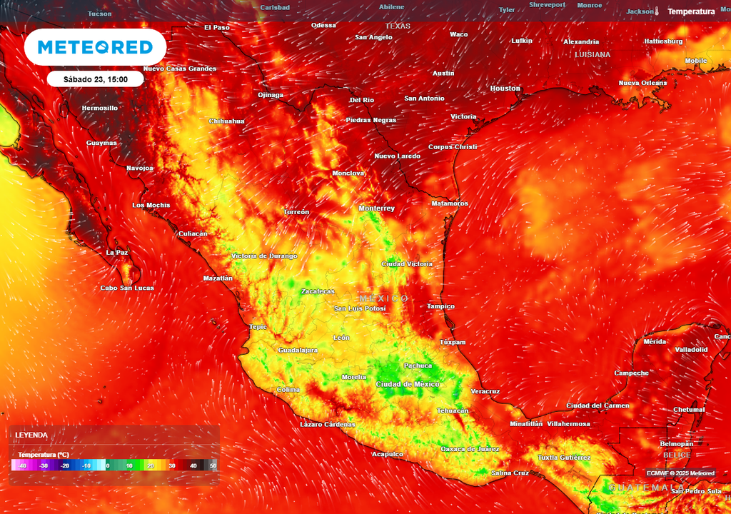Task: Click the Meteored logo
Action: (95, 47)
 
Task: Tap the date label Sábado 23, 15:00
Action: (96, 79)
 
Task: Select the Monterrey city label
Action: (377, 208)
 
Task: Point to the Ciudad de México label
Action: (408, 384)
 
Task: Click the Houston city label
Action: (505, 89)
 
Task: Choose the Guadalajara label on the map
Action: (296, 351)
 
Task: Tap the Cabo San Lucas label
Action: (127, 288)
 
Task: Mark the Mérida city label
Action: (655, 342)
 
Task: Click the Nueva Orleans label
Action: (642, 84)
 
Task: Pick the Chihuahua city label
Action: (226, 121)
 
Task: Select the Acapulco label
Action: (388, 454)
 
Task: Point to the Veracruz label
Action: (485, 391)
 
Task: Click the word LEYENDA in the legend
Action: (32, 435)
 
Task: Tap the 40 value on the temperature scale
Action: (193, 465)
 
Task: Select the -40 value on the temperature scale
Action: (23, 465)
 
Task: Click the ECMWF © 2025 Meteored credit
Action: (680, 473)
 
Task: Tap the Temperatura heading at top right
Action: (691, 12)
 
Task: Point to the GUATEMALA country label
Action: (637, 488)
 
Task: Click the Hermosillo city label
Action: (100, 109)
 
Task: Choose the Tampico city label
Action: (440, 307)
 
